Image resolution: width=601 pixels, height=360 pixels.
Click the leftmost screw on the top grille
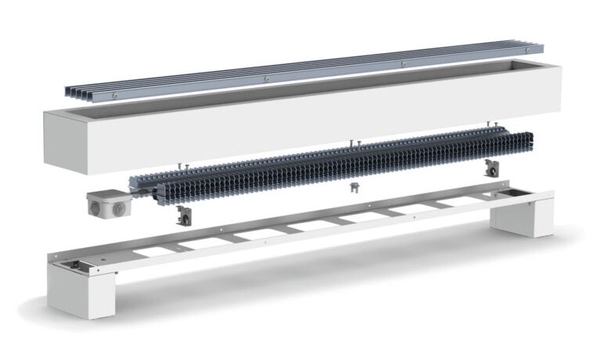point(114,95)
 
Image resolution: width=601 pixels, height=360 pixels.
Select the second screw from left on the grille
point(267,78)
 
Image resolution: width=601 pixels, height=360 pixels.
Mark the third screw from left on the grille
point(402,63)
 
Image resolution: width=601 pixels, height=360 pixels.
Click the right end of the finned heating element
point(534,142)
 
